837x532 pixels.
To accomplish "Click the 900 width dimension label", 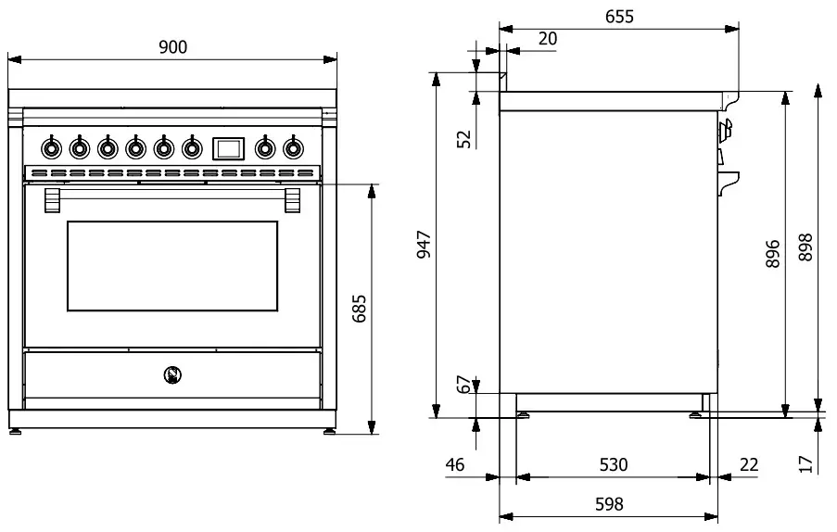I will click(x=172, y=48).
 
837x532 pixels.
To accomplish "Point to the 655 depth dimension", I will click(x=620, y=16).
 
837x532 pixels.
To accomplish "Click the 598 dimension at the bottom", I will click(x=608, y=505).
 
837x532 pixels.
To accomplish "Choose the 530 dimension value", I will click(x=612, y=464).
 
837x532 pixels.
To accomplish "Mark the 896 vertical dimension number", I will click(x=773, y=250).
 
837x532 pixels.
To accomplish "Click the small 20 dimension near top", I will click(x=547, y=38).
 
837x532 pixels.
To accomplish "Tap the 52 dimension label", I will click(x=464, y=138).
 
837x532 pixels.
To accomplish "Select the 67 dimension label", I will click(x=464, y=385).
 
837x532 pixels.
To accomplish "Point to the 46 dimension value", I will click(x=454, y=464).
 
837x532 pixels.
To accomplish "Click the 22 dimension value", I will click(x=749, y=464).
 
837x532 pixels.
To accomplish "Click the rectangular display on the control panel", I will click(x=228, y=146).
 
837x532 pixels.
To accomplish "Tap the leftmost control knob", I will click(x=51, y=146).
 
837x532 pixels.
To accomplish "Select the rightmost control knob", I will click(x=294, y=146).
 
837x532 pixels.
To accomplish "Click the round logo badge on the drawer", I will click(x=171, y=374).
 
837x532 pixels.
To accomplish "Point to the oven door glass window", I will click(x=172, y=266).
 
